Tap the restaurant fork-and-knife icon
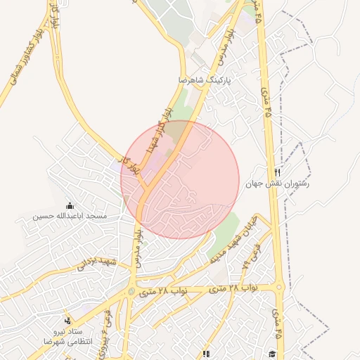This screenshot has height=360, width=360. pyautogui.click(x=278, y=172)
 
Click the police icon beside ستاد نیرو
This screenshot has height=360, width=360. pyautogui.click(x=68, y=319)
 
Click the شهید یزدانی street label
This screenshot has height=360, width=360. pyautogui.click(x=94, y=263)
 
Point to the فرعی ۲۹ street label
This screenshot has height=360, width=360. pyautogui.click(x=244, y=266)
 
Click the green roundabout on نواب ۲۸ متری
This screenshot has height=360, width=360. pyautogui.click(x=131, y=291)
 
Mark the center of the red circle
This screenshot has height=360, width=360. pyautogui.click(x=180, y=180)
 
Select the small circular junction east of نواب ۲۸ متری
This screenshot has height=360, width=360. pyautogui.click(x=280, y=287)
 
